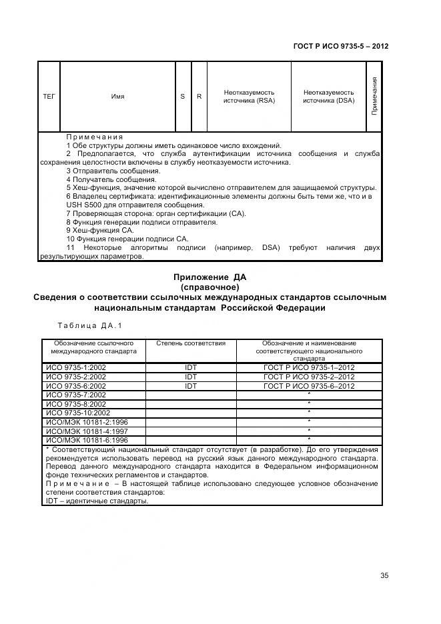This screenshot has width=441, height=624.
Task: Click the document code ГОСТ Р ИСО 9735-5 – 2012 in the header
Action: (x=341, y=47)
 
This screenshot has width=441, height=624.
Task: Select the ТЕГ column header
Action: (x=49, y=97)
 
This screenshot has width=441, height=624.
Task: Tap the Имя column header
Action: (x=117, y=97)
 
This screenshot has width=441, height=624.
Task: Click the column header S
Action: (x=183, y=97)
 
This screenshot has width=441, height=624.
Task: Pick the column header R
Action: (x=199, y=97)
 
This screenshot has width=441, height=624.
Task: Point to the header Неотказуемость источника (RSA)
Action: (x=249, y=97)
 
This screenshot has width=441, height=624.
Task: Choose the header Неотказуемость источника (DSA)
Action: (x=328, y=97)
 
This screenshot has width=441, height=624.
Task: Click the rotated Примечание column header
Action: (x=374, y=96)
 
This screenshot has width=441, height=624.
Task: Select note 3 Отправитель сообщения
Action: (x=108, y=171)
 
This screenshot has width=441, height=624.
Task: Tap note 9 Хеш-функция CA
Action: (x=100, y=230)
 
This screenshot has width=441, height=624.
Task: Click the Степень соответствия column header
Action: (x=191, y=343)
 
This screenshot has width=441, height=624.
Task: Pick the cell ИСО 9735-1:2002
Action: (x=75, y=367)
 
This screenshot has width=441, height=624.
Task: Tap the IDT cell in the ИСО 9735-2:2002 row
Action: (x=191, y=377)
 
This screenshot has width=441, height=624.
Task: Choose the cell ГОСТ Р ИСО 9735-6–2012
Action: (x=309, y=386)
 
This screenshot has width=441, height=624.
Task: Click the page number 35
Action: (x=384, y=576)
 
